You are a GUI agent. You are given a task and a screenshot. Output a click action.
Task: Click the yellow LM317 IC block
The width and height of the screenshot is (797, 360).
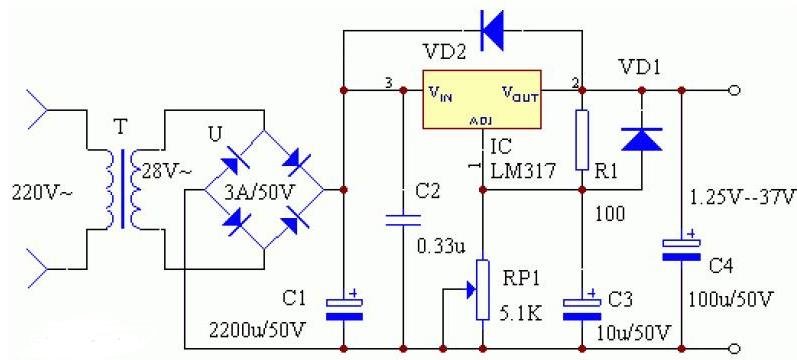[481, 99]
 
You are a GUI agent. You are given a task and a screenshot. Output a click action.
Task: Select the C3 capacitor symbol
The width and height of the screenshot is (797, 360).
[582, 306]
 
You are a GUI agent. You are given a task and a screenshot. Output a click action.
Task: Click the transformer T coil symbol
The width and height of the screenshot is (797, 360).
[122, 189]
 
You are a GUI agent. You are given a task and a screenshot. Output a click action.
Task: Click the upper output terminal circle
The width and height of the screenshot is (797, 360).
[735, 91]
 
